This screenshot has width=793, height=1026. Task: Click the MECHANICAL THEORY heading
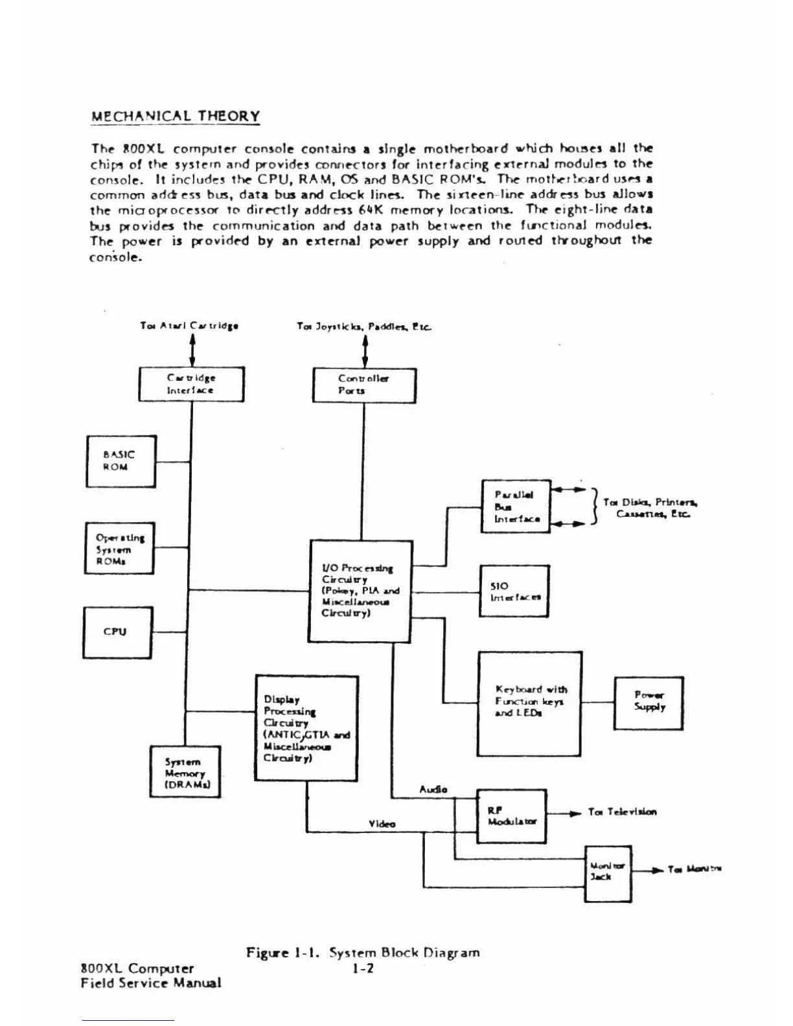(175, 117)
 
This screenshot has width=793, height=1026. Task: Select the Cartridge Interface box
(191, 384)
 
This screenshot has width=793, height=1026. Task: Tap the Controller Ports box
(364, 385)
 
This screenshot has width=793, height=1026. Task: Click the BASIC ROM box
(121, 461)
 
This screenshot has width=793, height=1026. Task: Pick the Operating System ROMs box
(120, 549)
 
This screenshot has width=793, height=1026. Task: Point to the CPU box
(117, 632)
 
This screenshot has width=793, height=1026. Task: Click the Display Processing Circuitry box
(306, 728)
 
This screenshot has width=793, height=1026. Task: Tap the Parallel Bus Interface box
(516, 507)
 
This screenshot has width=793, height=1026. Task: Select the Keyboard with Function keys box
(529, 703)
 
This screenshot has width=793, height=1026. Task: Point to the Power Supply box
(649, 703)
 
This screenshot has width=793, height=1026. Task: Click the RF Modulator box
(512, 815)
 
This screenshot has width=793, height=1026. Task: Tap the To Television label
(622, 812)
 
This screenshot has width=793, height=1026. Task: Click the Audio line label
(433, 789)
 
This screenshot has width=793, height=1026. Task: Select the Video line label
(382, 824)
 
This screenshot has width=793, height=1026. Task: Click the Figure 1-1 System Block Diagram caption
(363, 952)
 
